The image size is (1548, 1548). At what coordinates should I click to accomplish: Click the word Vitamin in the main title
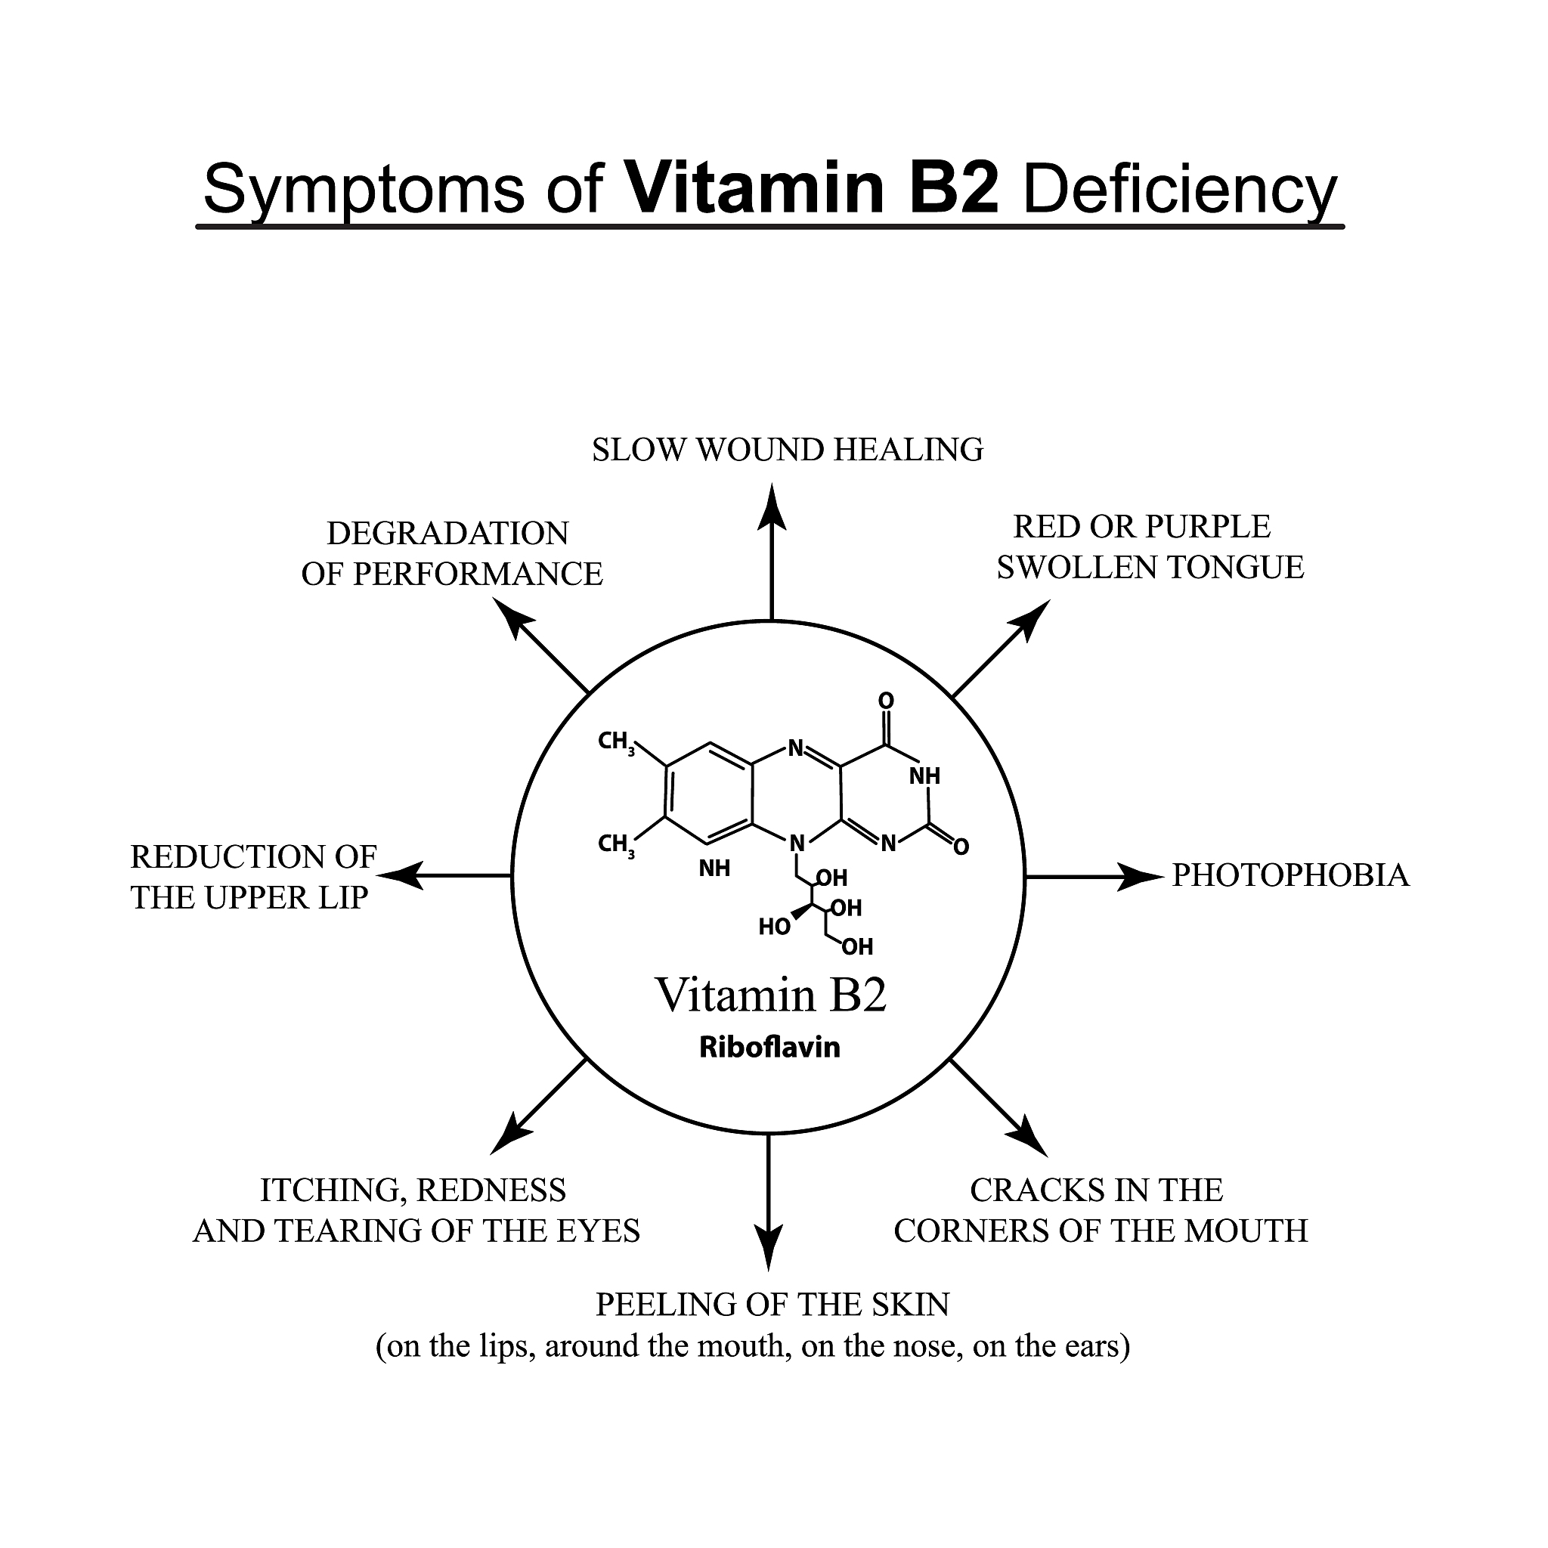pyautogui.click(x=753, y=189)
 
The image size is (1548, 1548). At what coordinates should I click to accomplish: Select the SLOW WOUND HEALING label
pyautogui.click(x=787, y=450)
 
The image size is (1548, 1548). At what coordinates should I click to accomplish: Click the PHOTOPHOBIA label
pyautogui.click(x=1290, y=875)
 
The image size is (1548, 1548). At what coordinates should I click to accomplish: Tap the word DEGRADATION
pyautogui.click(x=447, y=534)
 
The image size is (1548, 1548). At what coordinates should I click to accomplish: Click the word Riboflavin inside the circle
pyautogui.click(x=769, y=1047)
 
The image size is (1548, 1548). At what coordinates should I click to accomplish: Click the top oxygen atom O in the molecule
pyautogui.click(x=885, y=700)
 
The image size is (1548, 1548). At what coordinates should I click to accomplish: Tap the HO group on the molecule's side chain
pyautogui.click(x=774, y=927)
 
